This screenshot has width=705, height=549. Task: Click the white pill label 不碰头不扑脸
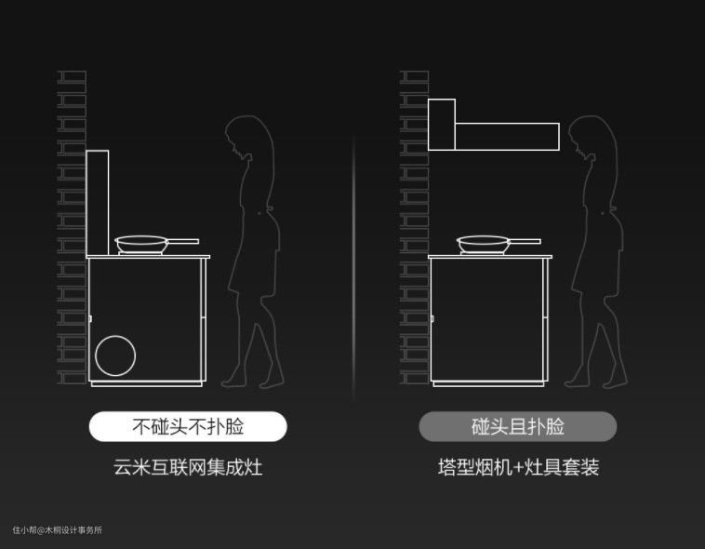coord(188,426)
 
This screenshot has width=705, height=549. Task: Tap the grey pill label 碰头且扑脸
coord(517,426)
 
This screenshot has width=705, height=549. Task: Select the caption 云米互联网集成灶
coord(188,467)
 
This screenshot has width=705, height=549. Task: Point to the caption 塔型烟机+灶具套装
coord(518,467)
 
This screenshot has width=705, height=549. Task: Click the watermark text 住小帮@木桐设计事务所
coord(58,530)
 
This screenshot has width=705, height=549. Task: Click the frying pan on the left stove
coord(141,245)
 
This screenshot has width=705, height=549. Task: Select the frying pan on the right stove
coord(484,245)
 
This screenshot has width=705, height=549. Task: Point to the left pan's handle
coord(183,242)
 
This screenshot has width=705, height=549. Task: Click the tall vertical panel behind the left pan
coord(97,204)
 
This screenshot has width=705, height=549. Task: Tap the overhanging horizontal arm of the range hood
coord(507,137)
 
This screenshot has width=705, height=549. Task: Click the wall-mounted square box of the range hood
coord(442,125)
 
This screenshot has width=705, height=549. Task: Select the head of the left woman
coord(246,135)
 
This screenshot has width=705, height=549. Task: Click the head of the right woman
coord(589,135)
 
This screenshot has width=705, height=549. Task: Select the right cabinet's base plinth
coord(488,384)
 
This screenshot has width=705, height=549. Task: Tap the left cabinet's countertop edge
coord(148,257)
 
